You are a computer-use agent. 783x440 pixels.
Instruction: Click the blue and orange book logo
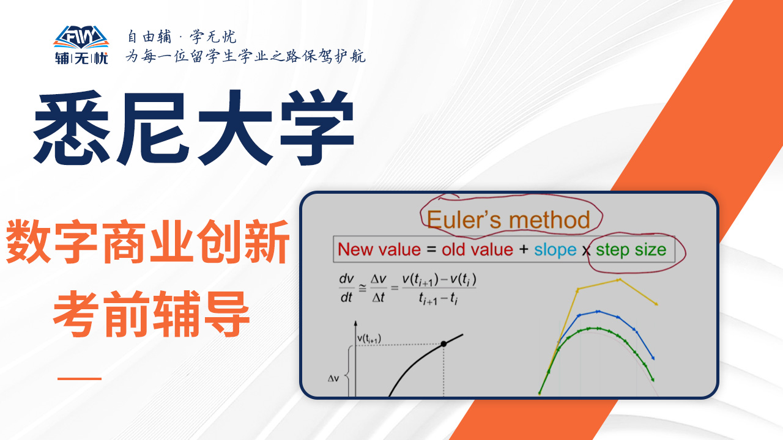[81, 37]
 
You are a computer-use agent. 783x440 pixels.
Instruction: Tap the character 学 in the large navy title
[317, 128]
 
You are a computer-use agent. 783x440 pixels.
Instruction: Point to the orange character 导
[226, 313]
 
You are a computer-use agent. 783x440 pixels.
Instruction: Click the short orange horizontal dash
[80, 378]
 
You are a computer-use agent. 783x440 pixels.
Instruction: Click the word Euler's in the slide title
[464, 220]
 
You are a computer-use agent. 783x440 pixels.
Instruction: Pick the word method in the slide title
[549, 220]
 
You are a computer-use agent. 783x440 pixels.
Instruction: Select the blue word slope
[555, 250]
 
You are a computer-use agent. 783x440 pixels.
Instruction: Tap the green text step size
[631, 250]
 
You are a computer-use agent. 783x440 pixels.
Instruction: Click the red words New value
[379, 250]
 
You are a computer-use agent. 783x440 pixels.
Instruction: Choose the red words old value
[477, 250]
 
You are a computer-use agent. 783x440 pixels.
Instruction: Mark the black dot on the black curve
[443, 344]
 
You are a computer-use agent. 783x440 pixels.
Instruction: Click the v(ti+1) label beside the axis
[369, 339]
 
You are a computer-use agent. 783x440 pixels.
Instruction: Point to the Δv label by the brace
[333, 378]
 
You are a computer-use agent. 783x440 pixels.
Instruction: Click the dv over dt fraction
[346, 288]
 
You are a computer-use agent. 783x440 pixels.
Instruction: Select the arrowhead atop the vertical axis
[355, 324]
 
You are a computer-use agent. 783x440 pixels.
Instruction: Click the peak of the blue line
[598, 311]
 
